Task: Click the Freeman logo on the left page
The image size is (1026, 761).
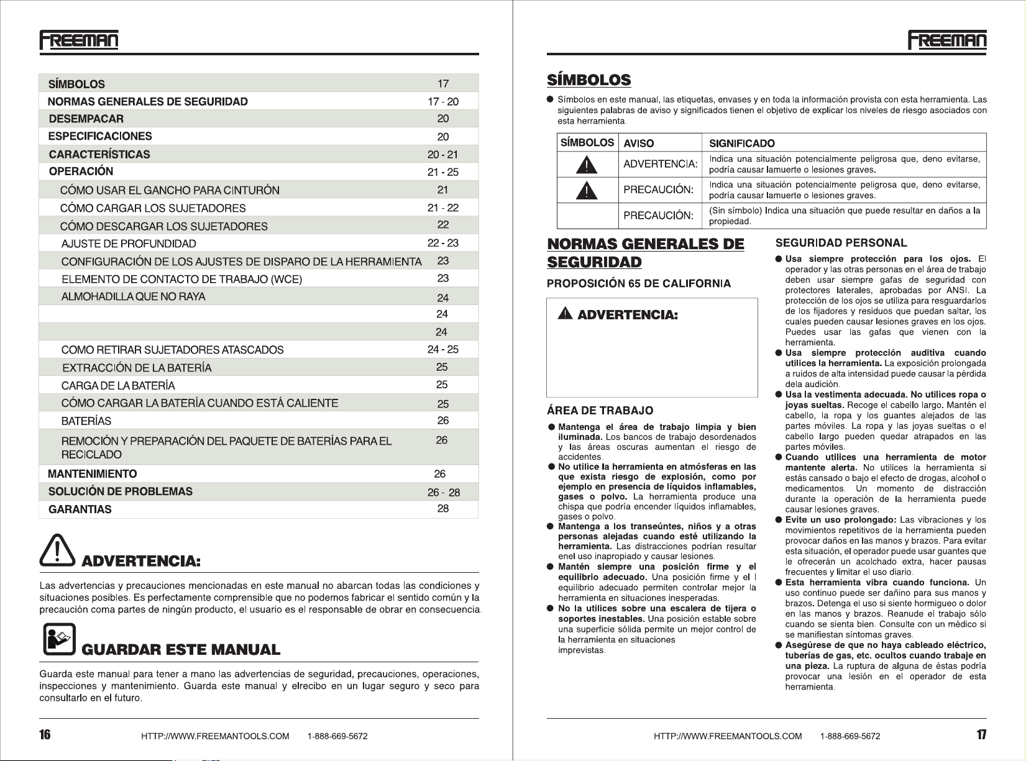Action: [79, 40]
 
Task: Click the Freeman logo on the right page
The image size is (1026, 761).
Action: [947, 40]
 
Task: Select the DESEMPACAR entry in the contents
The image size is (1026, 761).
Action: [86, 119]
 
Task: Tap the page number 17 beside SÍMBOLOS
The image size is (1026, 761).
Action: [443, 83]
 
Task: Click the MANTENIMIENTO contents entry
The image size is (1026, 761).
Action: [93, 474]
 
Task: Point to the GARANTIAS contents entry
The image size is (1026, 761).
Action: [80, 509]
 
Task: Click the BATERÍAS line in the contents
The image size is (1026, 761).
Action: [86, 421]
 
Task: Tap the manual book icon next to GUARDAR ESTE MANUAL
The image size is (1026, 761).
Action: [59, 640]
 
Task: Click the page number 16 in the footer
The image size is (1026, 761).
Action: [45, 735]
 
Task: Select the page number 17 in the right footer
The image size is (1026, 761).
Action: [981, 735]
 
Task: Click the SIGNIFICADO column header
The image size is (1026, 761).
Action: [741, 144]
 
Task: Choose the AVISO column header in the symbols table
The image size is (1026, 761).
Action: [639, 144]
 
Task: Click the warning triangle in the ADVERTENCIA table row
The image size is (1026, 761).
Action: [587, 165]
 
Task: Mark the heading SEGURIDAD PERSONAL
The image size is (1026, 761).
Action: [841, 243]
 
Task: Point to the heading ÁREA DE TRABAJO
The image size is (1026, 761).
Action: [600, 411]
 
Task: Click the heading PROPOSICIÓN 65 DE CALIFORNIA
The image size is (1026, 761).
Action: [639, 284]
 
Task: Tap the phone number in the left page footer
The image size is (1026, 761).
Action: [337, 736]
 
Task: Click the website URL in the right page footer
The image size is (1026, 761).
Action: [728, 736]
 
